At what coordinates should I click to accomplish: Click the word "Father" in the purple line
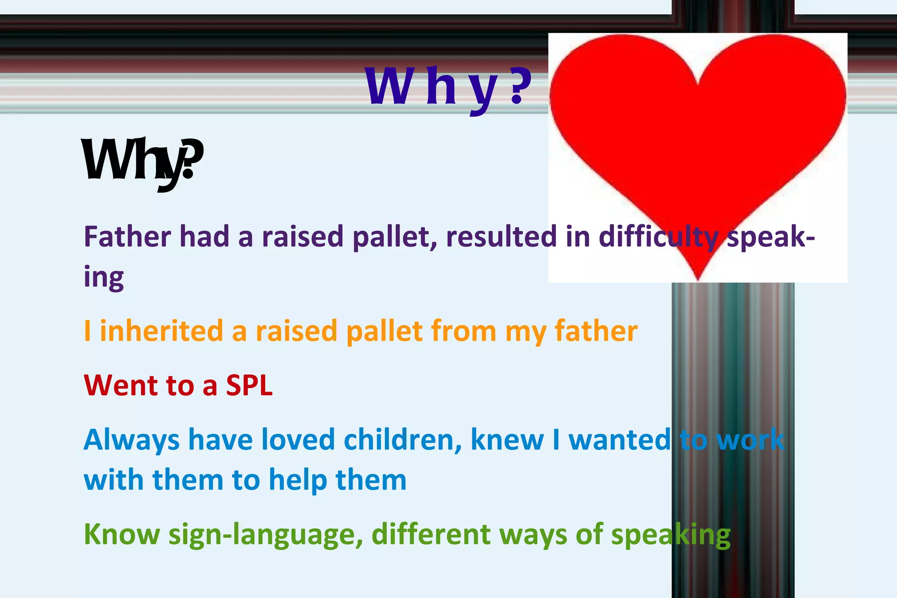(127, 237)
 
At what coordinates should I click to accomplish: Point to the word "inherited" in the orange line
(162, 331)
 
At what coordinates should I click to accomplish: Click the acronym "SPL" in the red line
(249, 386)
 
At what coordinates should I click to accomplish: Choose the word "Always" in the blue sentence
(131, 440)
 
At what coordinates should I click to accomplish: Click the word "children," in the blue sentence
(403, 439)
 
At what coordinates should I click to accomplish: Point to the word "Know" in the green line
(122, 534)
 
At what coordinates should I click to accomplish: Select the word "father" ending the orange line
(596, 331)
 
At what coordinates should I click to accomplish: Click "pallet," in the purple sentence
(395, 237)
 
